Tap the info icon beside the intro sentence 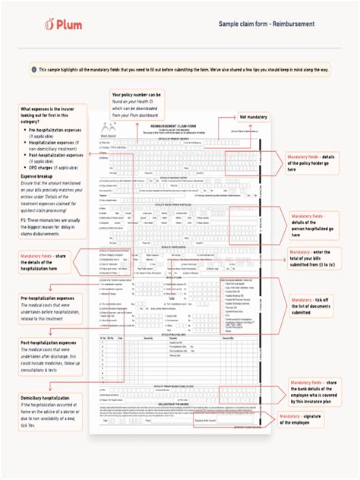[33, 69]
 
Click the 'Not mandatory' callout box [254, 117]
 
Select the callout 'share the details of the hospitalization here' [49, 262]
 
